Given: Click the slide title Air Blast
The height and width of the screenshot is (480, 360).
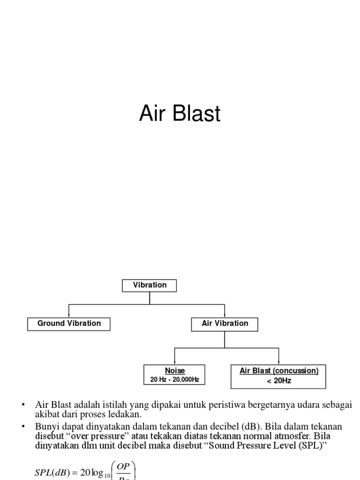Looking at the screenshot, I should (180, 114).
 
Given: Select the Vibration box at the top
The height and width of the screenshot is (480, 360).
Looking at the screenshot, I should (150, 285).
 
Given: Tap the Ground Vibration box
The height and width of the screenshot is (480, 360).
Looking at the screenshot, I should (69, 323).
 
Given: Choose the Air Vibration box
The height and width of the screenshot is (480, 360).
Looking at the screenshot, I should (225, 323).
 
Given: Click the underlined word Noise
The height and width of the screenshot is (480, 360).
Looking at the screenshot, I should (175, 371).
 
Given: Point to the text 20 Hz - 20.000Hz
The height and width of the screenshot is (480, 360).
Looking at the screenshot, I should (175, 380).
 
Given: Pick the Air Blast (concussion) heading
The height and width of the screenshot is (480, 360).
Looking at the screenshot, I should (279, 371).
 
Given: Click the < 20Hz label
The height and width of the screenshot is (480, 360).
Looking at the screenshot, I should (279, 381).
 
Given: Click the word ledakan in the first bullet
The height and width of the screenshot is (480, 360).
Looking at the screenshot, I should (127, 415).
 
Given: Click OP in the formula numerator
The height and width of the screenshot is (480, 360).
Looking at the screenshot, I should (122, 468).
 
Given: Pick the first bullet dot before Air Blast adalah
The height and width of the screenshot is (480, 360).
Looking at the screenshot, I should (23, 405).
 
